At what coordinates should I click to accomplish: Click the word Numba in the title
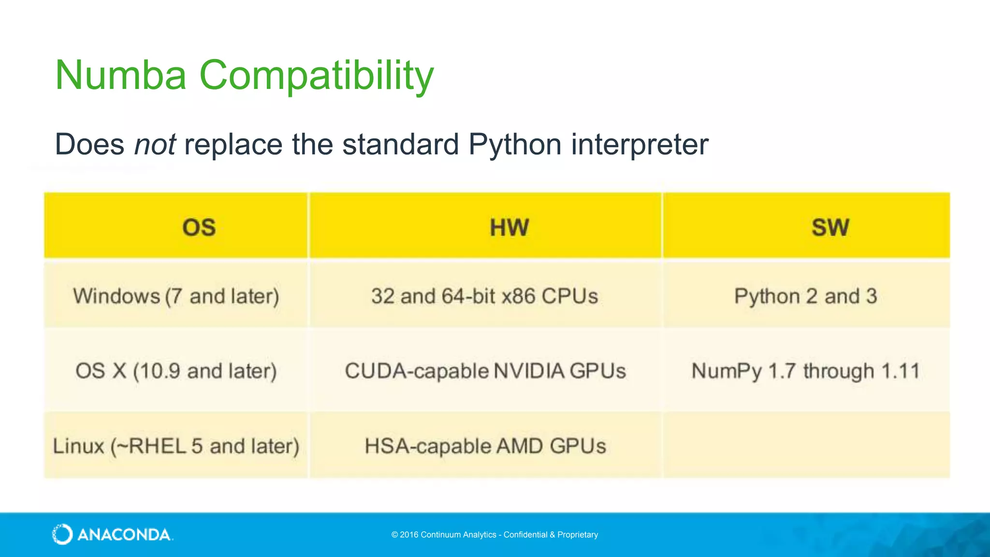click(121, 75)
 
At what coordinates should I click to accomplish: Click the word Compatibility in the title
click(317, 76)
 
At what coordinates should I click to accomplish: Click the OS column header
click(199, 227)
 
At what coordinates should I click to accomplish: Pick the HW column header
click(510, 227)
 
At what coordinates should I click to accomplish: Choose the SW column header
click(830, 227)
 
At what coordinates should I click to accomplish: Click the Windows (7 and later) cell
click(176, 296)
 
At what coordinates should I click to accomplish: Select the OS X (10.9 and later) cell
click(176, 371)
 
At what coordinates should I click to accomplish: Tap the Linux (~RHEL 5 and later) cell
click(176, 445)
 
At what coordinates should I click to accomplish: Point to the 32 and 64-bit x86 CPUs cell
click(485, 296)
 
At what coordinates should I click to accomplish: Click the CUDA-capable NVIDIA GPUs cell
click(485, 371)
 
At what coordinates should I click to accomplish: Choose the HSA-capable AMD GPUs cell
click(485, 445)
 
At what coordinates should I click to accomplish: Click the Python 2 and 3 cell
click(806, 296)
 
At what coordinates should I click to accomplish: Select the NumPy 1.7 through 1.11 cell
click(806, 371)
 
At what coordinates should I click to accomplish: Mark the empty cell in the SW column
click(806, 445)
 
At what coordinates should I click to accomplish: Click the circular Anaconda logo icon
click(62, 534)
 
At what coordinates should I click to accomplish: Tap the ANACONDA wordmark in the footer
click(124, 535)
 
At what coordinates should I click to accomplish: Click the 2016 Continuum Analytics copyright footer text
click(495, 535)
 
